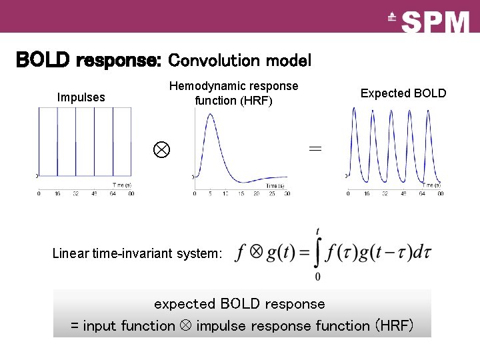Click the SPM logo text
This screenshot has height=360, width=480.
coord(436,23)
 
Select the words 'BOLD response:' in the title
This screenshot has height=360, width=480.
coord(88,61)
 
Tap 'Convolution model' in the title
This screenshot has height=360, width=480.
coord(239,61)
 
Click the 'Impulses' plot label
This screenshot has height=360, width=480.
coord(81,97)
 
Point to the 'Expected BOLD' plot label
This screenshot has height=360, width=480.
coord(403,93)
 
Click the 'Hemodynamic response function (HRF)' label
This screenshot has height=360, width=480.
coord(233,93)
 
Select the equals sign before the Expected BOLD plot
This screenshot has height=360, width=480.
coord(315,149)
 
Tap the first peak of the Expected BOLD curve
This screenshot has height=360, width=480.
coord(354,109)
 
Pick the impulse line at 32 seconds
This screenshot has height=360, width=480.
coord(75,147)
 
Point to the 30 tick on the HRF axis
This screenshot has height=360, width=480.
coord(287,193)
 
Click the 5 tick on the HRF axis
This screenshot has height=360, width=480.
coord(210,193)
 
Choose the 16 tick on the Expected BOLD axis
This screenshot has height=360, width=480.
coord(367,193)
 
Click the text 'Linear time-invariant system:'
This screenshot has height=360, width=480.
coord(137,253)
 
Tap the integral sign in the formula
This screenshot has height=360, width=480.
coord(317,253)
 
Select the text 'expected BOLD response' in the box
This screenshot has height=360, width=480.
coord(239,304)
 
